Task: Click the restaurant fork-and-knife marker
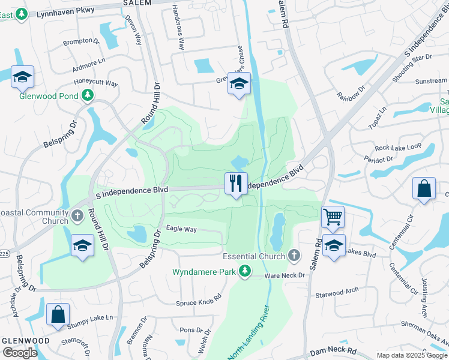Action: tap(236, 183)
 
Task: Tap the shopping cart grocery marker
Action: tap(333, 217)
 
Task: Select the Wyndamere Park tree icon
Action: tap(244, 272)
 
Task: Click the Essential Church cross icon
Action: tap(294, 256)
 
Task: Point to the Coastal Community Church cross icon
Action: tap(77, 215)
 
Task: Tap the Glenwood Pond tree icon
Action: tap(88, 95)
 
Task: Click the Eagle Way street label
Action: tap(181, 229)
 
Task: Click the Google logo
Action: tap(20, 353)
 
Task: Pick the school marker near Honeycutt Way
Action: tap(22, 76)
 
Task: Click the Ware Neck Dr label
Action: tap(285, 276)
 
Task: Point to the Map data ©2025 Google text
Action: tap(411, 355)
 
